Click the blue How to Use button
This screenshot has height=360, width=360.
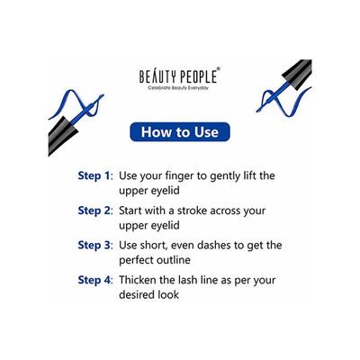pos(179,134)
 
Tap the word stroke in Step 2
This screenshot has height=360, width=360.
pos(211,211)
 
